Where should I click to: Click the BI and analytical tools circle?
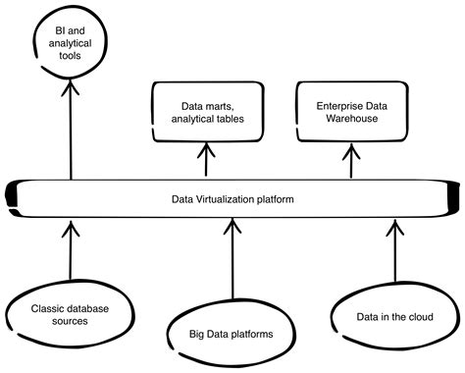point(72,45)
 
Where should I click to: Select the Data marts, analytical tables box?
point(205,112)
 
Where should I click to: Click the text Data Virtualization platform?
point(232,199)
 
